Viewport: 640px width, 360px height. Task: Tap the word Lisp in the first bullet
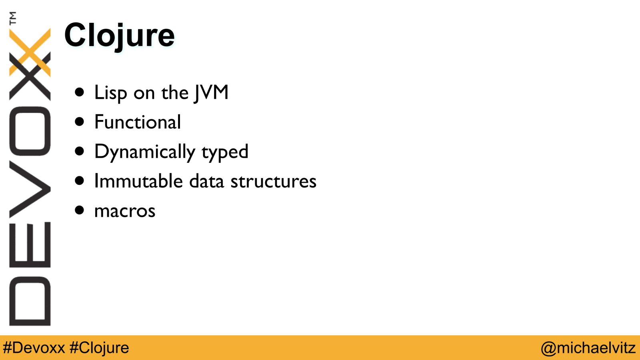click(x=110, y=93)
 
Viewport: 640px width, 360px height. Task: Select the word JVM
click(x=211, y=92)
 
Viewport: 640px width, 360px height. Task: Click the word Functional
click(x=138, y=122)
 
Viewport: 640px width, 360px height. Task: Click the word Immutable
click(x=138, y=181)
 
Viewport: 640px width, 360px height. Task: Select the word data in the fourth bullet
click(x=206, y=181)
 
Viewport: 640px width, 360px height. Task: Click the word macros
click(x=125, y=212)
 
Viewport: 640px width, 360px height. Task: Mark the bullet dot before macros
click(x=80, y=210)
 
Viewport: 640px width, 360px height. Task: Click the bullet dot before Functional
click(x=80, y=122)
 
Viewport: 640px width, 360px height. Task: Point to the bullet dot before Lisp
click(x=80, y=92)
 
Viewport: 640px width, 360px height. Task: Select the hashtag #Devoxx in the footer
click(x=34, y=348)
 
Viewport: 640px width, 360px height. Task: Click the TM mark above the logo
click(x=13, y=18)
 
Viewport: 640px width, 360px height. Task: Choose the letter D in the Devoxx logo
click(x=30, y=301)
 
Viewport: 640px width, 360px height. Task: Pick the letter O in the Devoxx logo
click(x=30, y=131)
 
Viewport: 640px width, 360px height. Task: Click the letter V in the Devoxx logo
click(x=30, y=189)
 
